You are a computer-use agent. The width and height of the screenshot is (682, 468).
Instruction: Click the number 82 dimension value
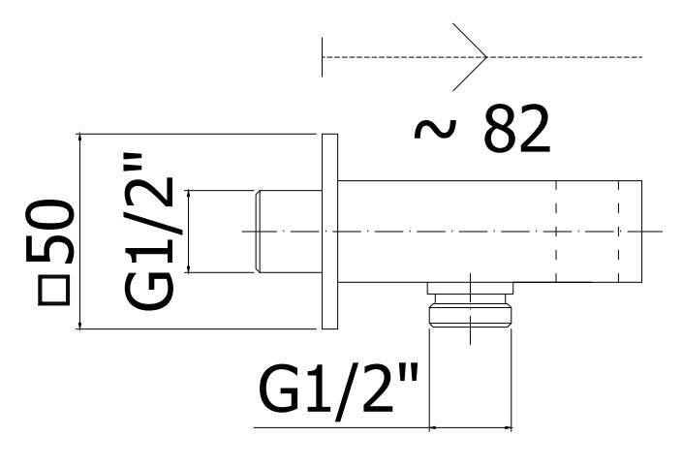(x=517, y=131)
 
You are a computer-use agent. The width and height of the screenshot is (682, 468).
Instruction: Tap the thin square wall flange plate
(x=329, y=232)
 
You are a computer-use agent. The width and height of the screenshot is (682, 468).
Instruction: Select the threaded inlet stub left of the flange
(x=288, y=232)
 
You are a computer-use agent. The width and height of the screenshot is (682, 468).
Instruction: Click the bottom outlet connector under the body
(x=469, y=317)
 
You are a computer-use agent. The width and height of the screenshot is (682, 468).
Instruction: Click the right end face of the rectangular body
(x=641, y=232)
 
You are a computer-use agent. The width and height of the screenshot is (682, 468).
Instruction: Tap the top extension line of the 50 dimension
(x=194, y=134)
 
